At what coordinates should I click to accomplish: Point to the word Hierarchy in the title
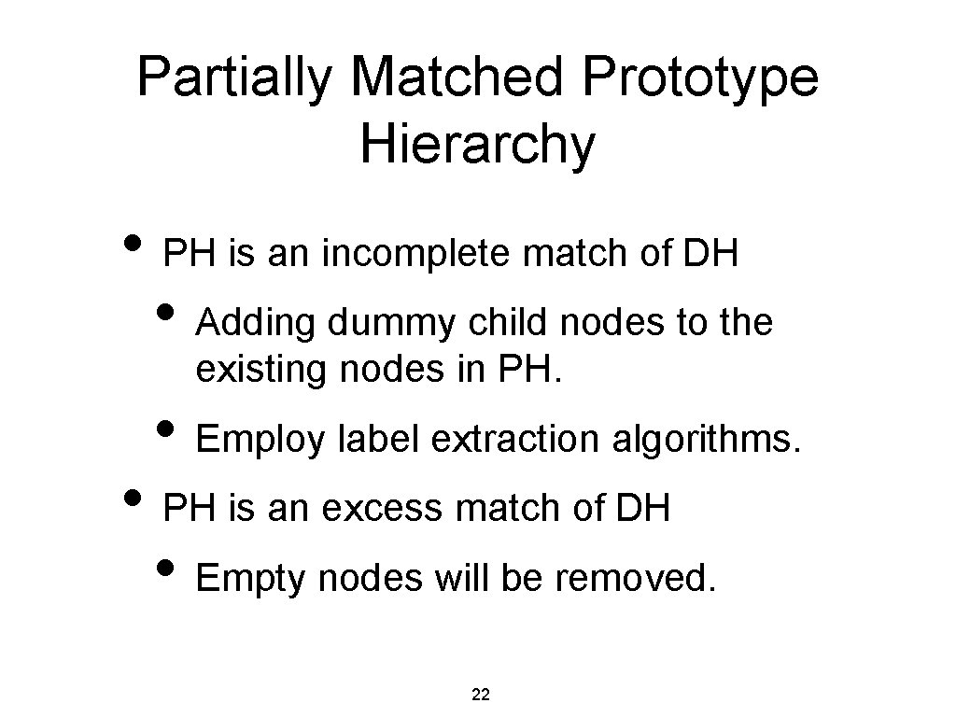[476, 146]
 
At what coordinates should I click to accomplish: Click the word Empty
[251, 580]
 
